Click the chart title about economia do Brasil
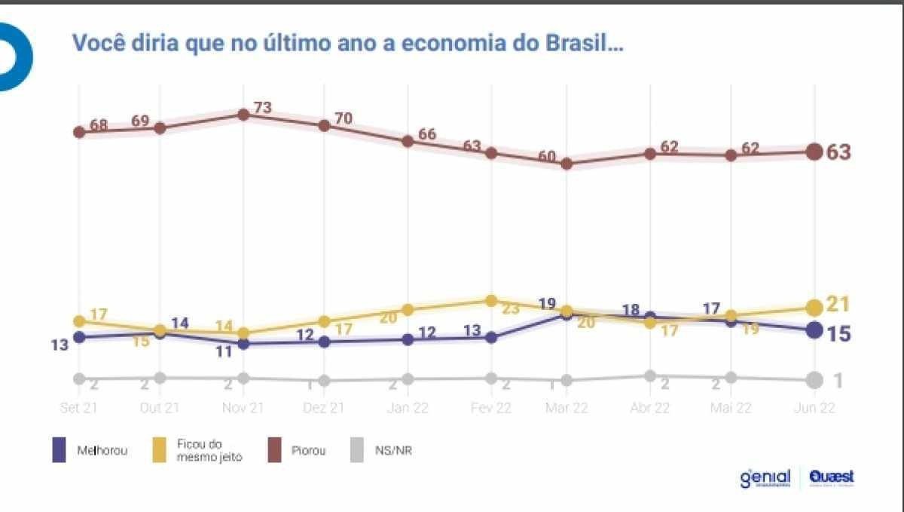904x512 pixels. pyautogui.click(x=347, y=43)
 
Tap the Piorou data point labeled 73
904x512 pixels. pyautogui.click(x=243, y=115)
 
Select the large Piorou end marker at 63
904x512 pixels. pyautogui.click(x=814, y=152)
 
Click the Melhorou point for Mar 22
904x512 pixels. pyautogui.click(x=567, y=314)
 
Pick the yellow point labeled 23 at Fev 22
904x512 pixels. pyautogui.click(x=491, y=300)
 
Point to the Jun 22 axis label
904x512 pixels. pyautogui.click(x=814, y=407)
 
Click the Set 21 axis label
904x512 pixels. pyautogui.click(x=78, y=407)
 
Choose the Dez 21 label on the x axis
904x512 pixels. pyautogui.click(x=325, y=407)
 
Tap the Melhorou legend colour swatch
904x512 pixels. pyautogui.click(x=60, y=450)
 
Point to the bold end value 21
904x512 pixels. pyautogui.click(x=838, y=304)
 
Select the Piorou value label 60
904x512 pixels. pyautogui.click(x=547, y=157)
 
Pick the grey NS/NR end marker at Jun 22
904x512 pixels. pyautogui.click(x=814, y=381)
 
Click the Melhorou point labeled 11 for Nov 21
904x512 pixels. pyautogui.click(x=243, y=344)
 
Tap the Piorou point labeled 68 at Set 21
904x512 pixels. pyautogui.click(x=78, y=132)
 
